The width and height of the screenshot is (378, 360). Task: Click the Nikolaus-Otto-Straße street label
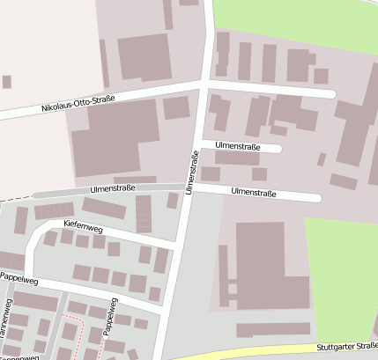[x=78, y=102]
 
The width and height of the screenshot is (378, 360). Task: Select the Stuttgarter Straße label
[x=348, y=347]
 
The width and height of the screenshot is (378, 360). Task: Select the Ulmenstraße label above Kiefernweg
[x=112, y=188]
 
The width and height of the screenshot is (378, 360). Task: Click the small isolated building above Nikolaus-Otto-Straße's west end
[x=7, y=82]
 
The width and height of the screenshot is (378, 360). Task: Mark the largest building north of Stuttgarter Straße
[x=260, y=263]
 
